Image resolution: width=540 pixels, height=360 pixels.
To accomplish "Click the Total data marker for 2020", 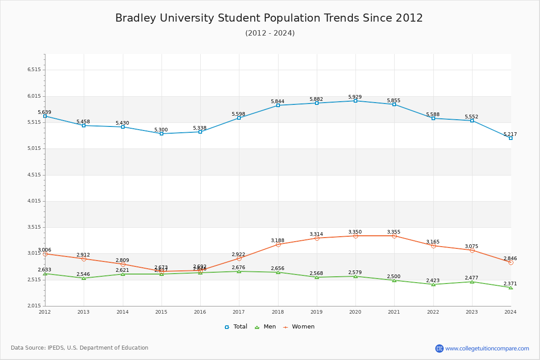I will pyautogui.click(x=355, y=101).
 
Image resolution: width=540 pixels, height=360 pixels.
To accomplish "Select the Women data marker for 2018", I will pyautogui.click(x=278, y=244).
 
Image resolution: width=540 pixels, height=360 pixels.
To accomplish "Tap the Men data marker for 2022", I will pyautogui.click(x=433, y=284).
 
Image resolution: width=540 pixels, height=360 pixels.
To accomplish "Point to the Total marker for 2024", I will pyautogui.click(x=511, y=138).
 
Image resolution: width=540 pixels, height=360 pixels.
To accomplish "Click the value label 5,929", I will pyautogui.click(x=355, y=97).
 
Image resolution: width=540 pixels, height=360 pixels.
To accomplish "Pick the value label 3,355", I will pyautogui.click(x=394, y=232).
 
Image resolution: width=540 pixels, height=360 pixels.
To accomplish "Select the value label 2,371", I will pyautogui.click(x=510, y=283).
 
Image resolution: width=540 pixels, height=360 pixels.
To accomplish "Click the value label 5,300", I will pyautogui.click(x=161, y=130).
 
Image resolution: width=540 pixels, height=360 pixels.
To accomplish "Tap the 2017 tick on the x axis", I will pyautogui.click(x=239, y=312).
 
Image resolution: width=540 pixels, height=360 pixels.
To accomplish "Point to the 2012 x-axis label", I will pyautogui.click(x=45, y=312).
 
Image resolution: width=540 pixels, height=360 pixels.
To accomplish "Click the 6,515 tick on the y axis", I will pyautogui.click(x=34, y=70).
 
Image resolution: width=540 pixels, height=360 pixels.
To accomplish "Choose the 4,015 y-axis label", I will pyautogui.click(x=34, y=201).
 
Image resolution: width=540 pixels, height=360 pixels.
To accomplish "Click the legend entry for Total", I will pyautogui.click(x=236, y=327).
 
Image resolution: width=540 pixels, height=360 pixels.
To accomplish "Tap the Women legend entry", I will pyautogui.click(x=299, y=327).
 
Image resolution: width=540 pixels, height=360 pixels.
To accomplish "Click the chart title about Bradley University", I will pyautogui.click(x=269, y=18).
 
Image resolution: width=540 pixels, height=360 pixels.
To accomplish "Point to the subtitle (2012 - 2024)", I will pyautogui.click(x=270, y=33).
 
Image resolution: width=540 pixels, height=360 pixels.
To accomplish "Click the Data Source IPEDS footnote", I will pyautogui.click(x=80, y=348).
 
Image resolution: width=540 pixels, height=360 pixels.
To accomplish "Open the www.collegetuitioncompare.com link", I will pyautogui.click(x=487, y=348).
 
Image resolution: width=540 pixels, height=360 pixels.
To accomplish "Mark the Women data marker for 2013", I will pyautogui.click(x=84, y=259).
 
